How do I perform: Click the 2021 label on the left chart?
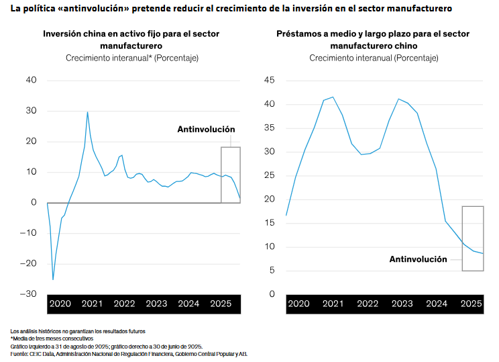[x=92, y=304]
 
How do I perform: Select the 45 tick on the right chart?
[x=270, y=80]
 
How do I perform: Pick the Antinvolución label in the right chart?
[x=418, y=259]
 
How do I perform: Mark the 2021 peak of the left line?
[x=87, y=112]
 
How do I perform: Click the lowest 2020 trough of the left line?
[x=53, y=279]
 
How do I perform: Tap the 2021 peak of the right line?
[x=333, y=97]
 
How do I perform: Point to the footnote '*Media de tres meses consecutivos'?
[x=52, y=338]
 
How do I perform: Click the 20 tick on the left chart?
[x=31, y=141]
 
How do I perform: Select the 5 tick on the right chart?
[x=272, y=271]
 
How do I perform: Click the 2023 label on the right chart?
[x=401, y=304]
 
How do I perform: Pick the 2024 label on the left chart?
[x=188, y=304]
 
